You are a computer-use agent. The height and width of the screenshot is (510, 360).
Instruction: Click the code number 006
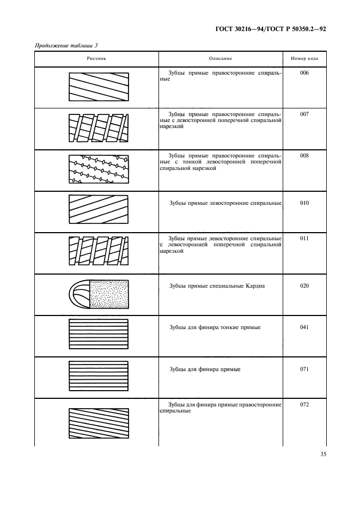(304, 72)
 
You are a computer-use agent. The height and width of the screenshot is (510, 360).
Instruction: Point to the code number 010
(304, 203)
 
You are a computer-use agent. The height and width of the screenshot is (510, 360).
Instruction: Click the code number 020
(304, 286)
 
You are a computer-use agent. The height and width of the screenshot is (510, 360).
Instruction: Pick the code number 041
(304, 327)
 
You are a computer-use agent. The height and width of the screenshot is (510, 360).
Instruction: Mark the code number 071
(304, 369)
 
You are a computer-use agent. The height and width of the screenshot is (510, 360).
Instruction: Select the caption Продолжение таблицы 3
(66, 45)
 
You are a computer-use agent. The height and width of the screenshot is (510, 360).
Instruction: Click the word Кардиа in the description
(254, 286)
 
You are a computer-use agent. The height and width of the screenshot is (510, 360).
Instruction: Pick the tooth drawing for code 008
(99, 168)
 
